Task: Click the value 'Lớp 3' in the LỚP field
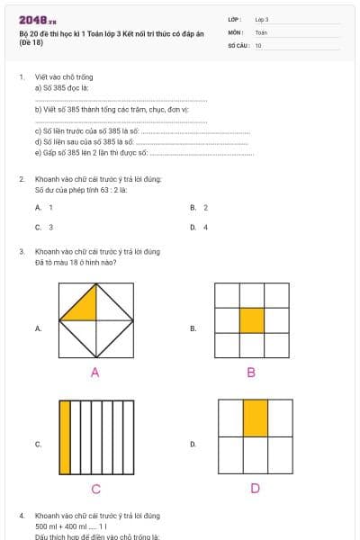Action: (x=262, y=19)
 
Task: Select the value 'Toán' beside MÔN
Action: (x=261, y=31)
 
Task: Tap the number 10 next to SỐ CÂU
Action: (x=258, y=44)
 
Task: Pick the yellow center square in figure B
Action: (x=252, y=320)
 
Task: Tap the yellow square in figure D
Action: (x=255, y=418)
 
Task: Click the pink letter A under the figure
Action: (x=94, y=372)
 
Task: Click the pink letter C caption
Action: (x=95, y=489)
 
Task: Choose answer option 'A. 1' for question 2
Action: (x=45, y=207)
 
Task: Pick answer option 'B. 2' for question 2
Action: (x=199, y=207)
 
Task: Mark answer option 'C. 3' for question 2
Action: (x=45, y=228)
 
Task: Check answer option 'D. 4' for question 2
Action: (x=199, y=228)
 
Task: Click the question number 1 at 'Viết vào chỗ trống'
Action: (x=21, y=78)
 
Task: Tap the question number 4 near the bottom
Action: (x=21, y=516)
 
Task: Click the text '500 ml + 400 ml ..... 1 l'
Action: (x=67, y=526)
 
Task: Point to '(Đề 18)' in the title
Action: (x=31, y=42)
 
